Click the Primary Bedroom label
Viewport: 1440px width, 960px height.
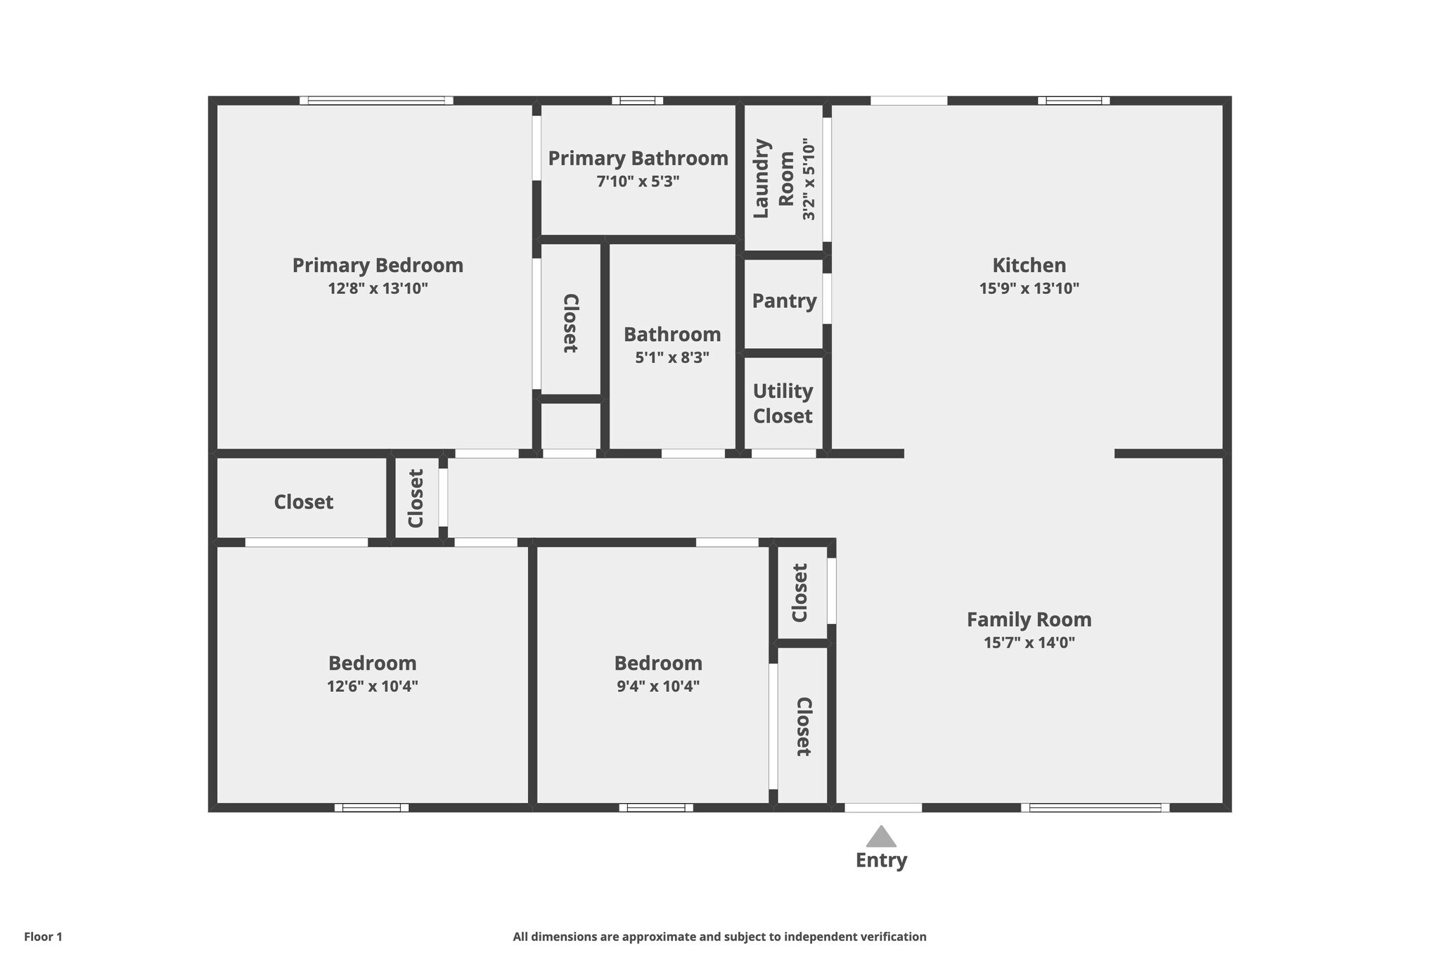378,266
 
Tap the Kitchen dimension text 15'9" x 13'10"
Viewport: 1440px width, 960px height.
1029,288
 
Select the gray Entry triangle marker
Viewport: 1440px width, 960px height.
881,837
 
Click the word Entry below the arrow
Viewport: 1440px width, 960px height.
881,860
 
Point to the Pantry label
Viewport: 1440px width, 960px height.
784,301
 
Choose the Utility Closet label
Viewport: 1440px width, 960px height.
783,404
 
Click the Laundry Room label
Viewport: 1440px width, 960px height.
773,179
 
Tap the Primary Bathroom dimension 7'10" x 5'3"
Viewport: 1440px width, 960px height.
638,181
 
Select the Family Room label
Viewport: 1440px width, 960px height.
1029,620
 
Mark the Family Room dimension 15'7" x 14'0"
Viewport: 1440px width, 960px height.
1029,642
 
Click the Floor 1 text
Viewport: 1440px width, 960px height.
43,937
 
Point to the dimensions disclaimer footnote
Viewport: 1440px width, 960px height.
719,937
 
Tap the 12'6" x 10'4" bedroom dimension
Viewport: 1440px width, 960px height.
372,686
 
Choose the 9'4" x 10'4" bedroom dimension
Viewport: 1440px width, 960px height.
657,686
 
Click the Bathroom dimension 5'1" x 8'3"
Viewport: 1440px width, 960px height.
671,358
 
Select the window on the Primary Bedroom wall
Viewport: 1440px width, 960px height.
376,101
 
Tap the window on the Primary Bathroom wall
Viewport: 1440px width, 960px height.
637,101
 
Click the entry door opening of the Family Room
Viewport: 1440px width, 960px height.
883,807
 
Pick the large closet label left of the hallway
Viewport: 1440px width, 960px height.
303,502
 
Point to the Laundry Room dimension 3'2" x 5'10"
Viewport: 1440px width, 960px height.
809,179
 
